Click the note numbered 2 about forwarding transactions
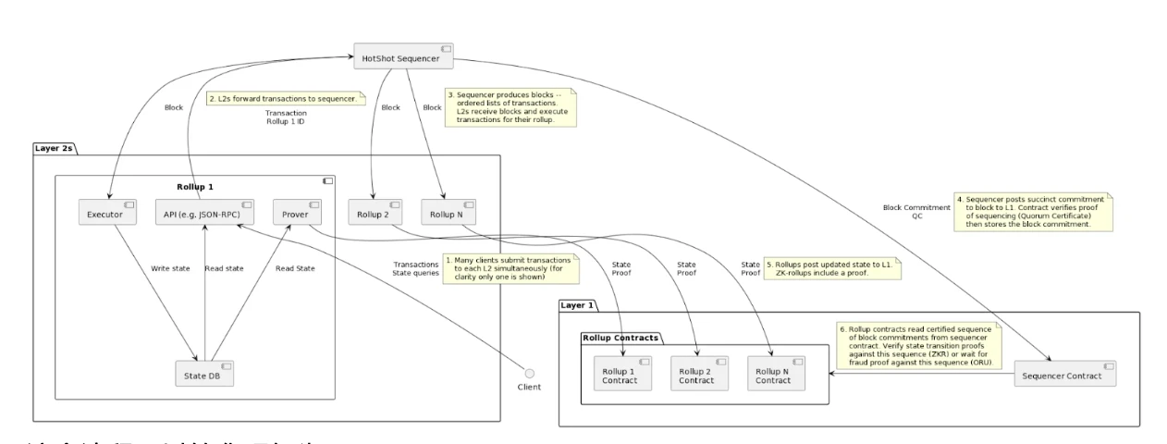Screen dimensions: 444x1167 point(286,97)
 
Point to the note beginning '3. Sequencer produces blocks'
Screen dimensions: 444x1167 point(511,108)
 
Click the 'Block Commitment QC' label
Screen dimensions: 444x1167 point(919,214)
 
